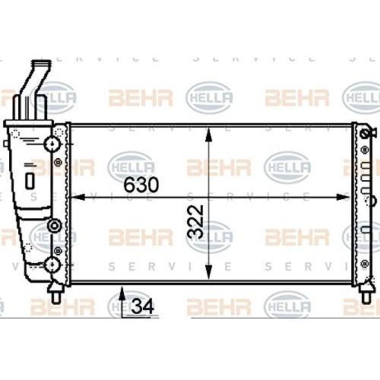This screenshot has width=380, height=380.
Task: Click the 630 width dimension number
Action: [141, 185]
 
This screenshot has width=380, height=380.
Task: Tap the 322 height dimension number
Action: [195, 222]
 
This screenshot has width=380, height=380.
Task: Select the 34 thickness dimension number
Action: [142, 306]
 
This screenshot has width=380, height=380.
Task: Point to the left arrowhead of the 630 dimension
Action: [78, 197]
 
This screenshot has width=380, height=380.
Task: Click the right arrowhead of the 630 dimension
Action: [344, 197]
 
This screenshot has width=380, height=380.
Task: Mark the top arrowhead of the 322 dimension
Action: [208, 135]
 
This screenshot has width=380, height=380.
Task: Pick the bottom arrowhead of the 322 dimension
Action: [208, 272]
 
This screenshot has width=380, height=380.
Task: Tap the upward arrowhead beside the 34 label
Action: [122, 293]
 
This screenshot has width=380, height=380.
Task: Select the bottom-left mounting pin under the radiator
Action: [56, 294]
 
